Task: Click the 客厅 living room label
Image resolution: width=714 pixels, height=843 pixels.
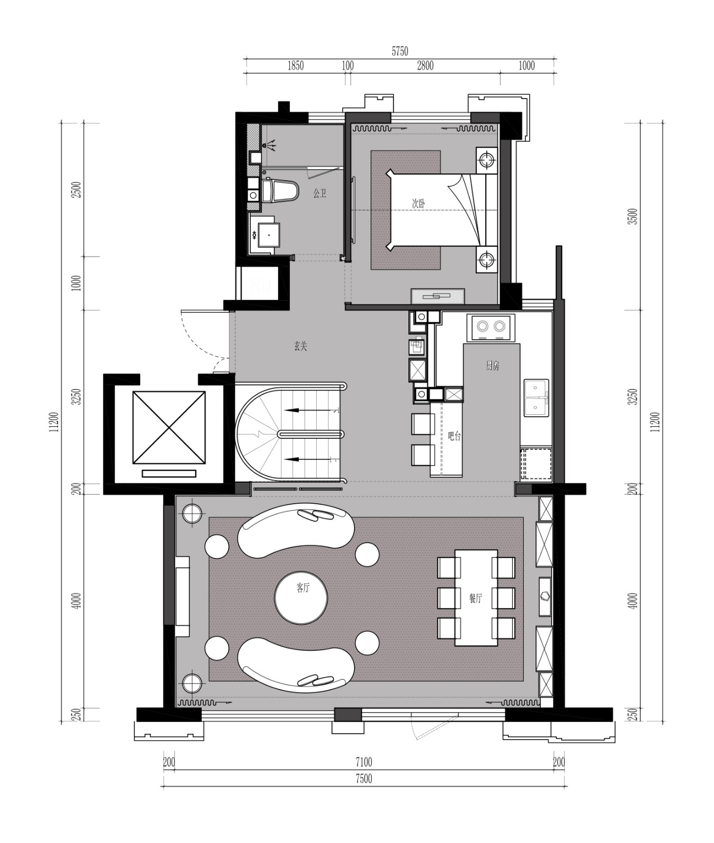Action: point(302,588)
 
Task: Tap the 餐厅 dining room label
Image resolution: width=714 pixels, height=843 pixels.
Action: point(475,598)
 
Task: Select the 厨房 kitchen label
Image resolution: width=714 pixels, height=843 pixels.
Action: point(492,366)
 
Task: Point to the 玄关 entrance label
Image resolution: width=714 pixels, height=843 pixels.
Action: point(300,346)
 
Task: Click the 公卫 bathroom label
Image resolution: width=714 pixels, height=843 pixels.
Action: point(319,194)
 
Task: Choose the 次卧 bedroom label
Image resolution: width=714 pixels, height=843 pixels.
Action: point(418,203)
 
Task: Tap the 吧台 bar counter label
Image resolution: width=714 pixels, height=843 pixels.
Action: point(454,436)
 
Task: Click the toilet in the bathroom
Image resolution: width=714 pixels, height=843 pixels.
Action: point(280,190)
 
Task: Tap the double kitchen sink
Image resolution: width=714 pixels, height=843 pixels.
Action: point(536,398)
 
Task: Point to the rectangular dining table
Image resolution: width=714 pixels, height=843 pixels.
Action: point(476,597)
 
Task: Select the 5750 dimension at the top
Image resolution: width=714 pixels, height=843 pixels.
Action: point(400,51)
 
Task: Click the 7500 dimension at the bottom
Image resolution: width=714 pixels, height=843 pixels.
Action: point(364,779)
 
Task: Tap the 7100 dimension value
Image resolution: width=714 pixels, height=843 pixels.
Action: point(364,762)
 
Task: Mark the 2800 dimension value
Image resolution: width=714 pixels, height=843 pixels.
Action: point(425,65)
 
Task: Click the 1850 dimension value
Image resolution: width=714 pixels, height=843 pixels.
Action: point(295,65)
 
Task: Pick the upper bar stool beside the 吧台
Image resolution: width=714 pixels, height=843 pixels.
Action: point(423,424)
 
